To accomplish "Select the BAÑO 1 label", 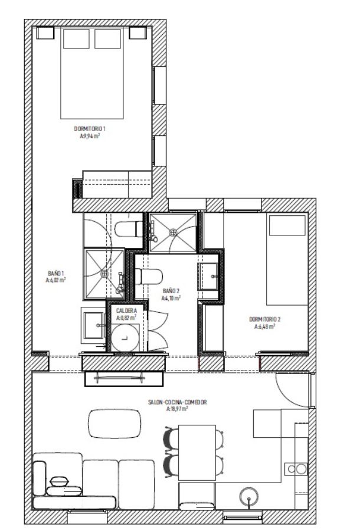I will click(55, 274).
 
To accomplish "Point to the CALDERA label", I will click(127, 310).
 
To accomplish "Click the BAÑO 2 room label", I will click(171, 291).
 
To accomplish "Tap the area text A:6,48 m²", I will click(264, 326).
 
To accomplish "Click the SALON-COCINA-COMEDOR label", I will click(178, 401).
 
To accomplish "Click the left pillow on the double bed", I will click(76, 38).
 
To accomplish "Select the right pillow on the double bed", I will click(107, 38).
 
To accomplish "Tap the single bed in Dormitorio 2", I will click(287, 260).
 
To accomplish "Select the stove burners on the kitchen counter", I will click(296, 469).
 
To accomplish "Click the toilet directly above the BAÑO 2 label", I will click(149, 275).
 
